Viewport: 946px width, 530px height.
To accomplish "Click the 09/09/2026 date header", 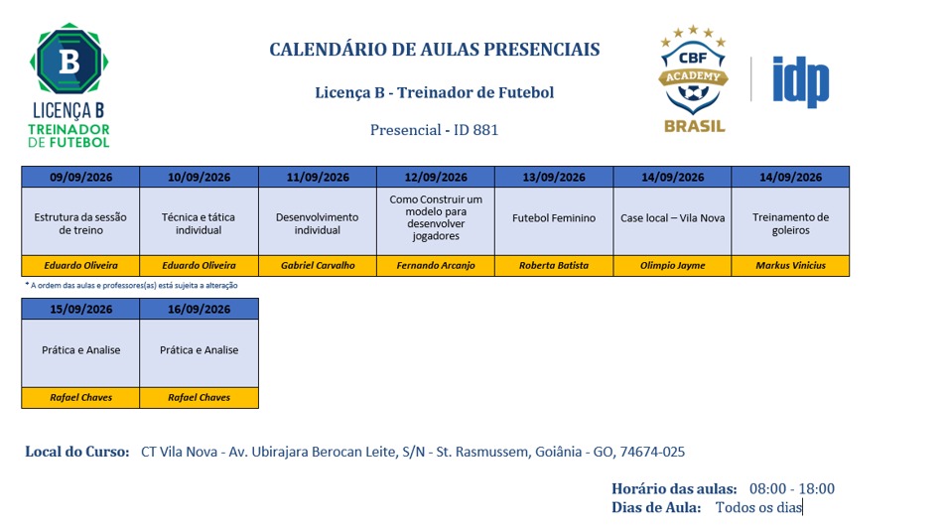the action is pyautogui.click(x=80, y=178).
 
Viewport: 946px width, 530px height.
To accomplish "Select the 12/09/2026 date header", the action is pyautogui.click(x=436, y=178).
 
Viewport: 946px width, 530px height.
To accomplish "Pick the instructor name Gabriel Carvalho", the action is pyautogui.click(x=318, y=265).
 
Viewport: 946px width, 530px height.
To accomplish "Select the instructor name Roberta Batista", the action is pyautogui.click(x=554, y=265).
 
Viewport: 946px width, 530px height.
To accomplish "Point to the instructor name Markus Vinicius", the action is pyautogui.click(x=790, y=265).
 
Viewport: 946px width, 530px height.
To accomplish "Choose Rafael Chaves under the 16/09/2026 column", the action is pyautogui.click(x=200, y=397).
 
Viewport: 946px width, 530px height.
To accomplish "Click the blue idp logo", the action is pyautogui.click(x=801, y=81).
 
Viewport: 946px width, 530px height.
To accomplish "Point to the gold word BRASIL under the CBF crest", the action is pyautogui.click(x=695, y=127).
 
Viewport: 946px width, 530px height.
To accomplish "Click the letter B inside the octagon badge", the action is pyautogui.click(x=68, y=61).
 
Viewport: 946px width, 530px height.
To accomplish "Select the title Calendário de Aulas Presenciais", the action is pyautogui.click(x=435, y=50).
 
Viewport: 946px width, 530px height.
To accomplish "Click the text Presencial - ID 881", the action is pyautogui.click(x=435, y=130).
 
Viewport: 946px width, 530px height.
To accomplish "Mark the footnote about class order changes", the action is pyautogui.click(x=131, y=286).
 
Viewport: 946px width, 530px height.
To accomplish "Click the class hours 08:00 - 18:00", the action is pyautogui.click(x=792, y=489).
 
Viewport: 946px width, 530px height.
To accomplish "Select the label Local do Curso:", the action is pyautogui.click(x=77, y=453).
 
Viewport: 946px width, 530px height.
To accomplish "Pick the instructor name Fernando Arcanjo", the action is pyautogui.click(x=436, y=265).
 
